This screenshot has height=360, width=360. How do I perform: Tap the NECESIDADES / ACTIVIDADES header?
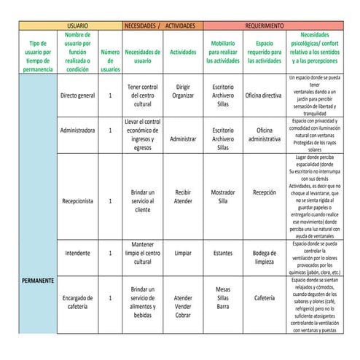(x=161, y=25)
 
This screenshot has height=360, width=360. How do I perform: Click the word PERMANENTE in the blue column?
(x=37, y=281)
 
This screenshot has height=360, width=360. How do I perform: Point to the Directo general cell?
(x=78, y=95)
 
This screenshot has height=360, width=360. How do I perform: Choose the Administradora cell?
(x=78, y=130)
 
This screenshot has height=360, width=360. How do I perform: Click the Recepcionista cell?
(x=78, y=201)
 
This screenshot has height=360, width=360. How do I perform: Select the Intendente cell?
(x=78, y=253)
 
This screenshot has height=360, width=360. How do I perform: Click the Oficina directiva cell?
(x=263, y=95)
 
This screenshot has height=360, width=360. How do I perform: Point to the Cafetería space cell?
(x=264, y=297)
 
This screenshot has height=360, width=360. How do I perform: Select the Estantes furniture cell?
(x=223, y=253)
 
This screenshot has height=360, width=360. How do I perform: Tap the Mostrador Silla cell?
(x=223, y=197)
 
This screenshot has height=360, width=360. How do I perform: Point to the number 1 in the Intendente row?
(x=110, y=253)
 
